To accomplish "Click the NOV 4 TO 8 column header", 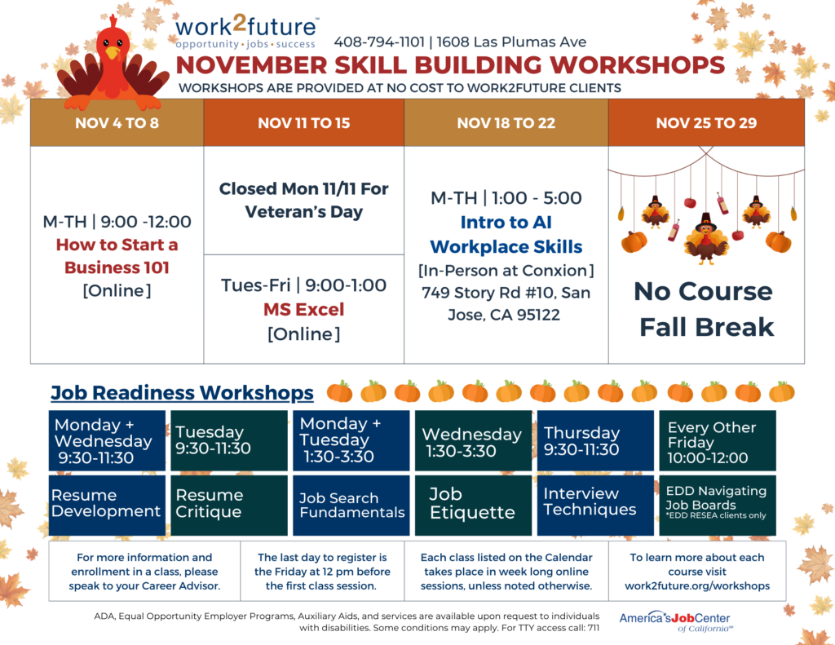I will tap(117, 123).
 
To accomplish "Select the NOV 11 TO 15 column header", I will tap(303, 123).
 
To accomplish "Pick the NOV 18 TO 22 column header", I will tap(506, 123).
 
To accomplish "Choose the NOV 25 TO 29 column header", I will tap(706, 123).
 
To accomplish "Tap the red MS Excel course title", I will tap(303, 310).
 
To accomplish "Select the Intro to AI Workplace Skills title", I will tap(506, 234).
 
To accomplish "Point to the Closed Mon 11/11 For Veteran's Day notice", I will tap(303, 201).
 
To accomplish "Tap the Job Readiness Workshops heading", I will tap(182, 393).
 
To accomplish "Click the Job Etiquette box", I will tap(473, 504).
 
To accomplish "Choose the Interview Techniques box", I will tap(594, 502).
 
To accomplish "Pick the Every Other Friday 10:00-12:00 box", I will tap(717, 442).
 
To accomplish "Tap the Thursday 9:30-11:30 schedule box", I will tap(594, 441).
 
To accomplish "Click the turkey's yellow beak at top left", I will tap(112, 53).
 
